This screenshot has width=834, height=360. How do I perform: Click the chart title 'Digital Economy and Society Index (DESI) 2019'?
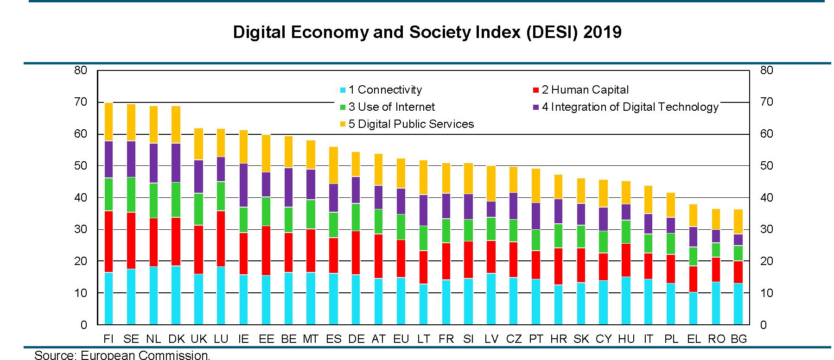[x=427, y=32]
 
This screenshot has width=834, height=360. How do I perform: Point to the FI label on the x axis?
[x=108, y=339]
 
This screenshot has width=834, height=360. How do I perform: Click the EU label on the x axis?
[x=401, y=339]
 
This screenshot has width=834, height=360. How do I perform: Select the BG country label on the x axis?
[x=739, y=339]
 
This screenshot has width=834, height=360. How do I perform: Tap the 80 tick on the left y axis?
[x=81, y=70]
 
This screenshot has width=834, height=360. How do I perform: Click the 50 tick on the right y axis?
[x=766, y=166]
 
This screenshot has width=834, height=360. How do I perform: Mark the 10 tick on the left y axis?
[x=81, y=293]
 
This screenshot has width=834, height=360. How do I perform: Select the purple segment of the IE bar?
[x=243, y=185]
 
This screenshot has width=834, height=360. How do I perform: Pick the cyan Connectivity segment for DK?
[x=176, y=295]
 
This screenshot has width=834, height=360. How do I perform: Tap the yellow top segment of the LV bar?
[x=491, y=183]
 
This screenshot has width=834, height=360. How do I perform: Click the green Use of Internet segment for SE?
[x=131, y=195]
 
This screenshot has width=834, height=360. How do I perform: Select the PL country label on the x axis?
[x=671, y=339]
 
